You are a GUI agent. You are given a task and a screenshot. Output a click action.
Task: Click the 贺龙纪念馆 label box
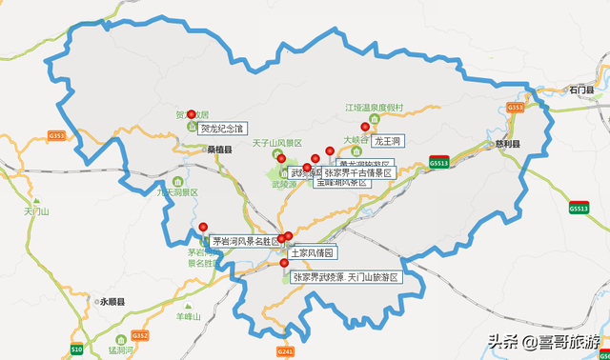tap(222, 128)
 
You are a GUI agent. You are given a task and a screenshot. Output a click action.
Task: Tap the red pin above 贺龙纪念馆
tap(191, 114)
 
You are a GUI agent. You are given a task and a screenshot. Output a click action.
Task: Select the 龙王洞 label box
tap(389, 141)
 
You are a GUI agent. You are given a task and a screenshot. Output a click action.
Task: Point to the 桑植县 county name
tap(220, 150)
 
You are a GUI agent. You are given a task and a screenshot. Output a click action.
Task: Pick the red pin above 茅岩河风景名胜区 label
tap(203, 227)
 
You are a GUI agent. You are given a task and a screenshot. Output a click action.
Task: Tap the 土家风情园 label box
tap(312, 253)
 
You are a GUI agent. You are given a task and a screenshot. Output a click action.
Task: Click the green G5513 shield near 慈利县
tap(439, 162)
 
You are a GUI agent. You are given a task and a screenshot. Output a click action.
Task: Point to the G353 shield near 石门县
tap(516, 108)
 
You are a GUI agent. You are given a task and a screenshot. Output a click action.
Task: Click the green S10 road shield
tap(76, 350)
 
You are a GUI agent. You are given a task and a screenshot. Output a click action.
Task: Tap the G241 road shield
tap(285, 351)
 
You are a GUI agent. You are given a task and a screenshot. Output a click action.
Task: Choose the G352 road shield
tap(140, 335)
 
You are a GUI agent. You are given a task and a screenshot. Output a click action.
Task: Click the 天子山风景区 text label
tap(276, 143)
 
